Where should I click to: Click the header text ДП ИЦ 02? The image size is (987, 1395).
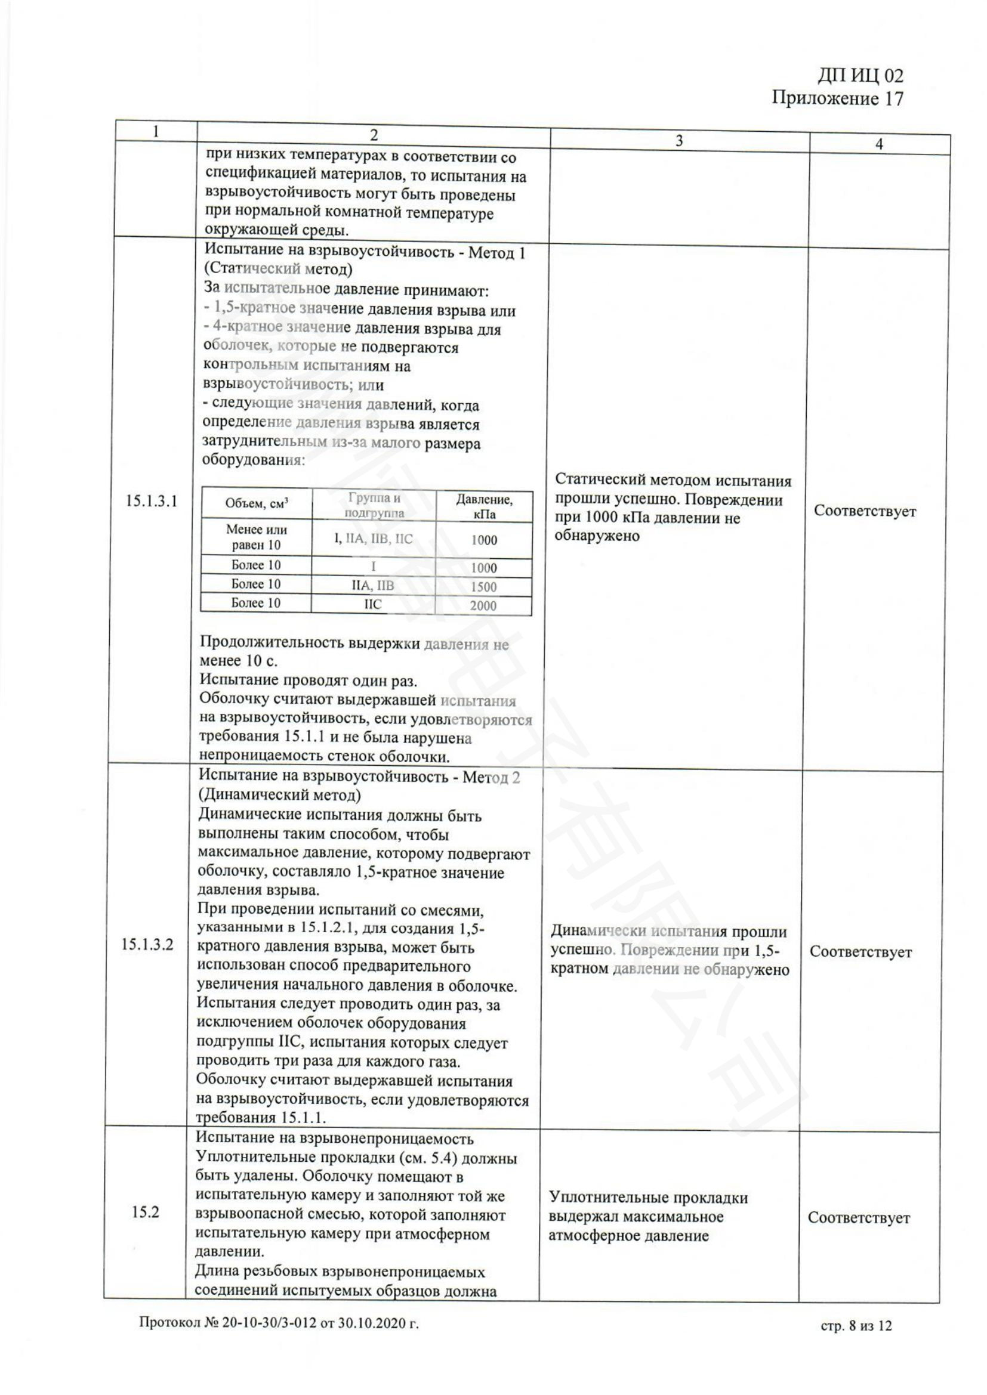(860, 75)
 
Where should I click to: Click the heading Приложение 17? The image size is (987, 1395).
(837, 98)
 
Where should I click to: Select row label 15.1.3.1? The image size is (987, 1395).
(152, 501)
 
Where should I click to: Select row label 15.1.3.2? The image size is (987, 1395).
(147, 944)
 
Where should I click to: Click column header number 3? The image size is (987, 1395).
(679, 141)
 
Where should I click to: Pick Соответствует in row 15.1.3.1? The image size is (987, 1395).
(864, 511)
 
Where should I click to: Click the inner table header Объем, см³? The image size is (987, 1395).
(257, 503)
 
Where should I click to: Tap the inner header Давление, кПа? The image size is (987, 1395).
(484, 507)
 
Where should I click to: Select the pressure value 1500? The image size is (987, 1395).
(483, 587)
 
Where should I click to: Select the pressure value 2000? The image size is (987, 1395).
(483, 606)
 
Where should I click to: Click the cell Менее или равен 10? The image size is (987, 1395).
(257, 537)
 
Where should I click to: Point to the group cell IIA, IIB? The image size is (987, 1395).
(372, 586)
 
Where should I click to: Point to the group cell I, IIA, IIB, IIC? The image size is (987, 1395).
(373, 539)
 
